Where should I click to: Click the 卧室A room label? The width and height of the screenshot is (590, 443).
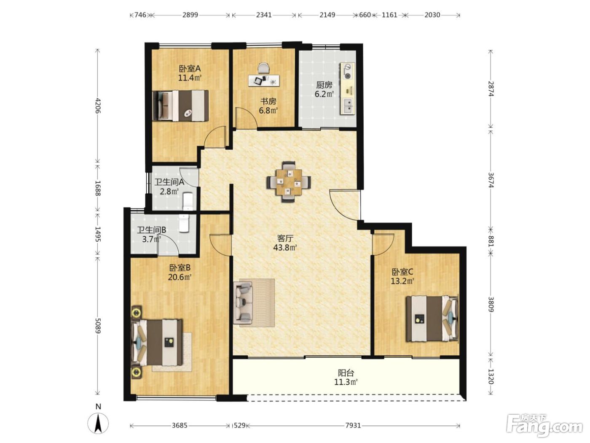point(190,69)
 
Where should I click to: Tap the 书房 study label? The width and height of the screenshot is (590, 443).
point(268,102)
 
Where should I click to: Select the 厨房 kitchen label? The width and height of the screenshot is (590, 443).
point(324,85)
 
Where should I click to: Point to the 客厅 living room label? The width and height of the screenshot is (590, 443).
point(285,238)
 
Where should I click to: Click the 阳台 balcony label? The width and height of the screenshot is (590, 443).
point(346,373)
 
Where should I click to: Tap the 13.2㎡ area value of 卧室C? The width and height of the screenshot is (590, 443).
point(402,281)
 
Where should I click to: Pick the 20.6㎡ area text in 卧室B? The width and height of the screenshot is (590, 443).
point(180,277)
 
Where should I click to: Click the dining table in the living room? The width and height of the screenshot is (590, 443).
point(289,182)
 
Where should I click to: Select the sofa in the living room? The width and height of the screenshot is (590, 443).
point(243,303)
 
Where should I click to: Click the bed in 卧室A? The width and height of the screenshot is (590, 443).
point(181,106)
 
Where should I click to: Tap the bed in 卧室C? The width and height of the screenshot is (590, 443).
point(432,319)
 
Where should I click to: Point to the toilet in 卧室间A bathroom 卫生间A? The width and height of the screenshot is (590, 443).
point(188,202)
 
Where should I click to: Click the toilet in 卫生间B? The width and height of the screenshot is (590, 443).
point(185,223)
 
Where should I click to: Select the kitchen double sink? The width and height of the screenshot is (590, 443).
point(348,106)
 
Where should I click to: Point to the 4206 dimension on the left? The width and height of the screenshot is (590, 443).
point(98,106)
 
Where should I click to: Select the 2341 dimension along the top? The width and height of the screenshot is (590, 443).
point(264,15)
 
